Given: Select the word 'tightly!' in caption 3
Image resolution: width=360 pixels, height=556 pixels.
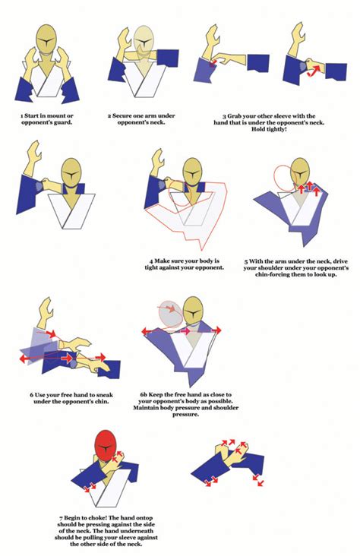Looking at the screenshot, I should tap(286, 128).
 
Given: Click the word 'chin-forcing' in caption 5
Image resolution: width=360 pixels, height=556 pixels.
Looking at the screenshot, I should tap(262, 274).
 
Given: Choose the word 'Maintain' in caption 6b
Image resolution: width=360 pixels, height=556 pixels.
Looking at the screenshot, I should tap(156, 408).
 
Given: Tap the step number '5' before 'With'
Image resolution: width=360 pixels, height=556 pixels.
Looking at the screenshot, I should tap(245, 261).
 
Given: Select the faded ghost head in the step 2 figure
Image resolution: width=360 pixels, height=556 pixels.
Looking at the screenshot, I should tap(144, 42).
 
